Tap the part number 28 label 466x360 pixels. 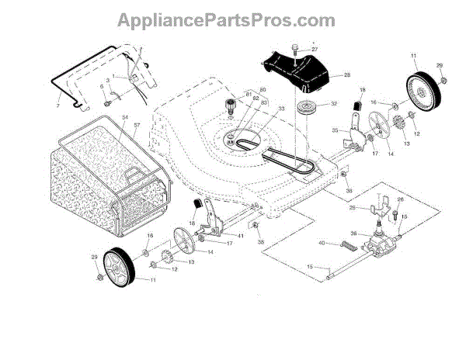coord(347,75)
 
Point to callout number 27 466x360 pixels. coord(315,50)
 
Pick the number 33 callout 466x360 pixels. coord(260,109)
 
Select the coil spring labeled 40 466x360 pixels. coord(350,246)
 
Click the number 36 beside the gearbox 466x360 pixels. coord(353,234)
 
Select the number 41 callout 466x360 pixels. coord(241,235)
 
